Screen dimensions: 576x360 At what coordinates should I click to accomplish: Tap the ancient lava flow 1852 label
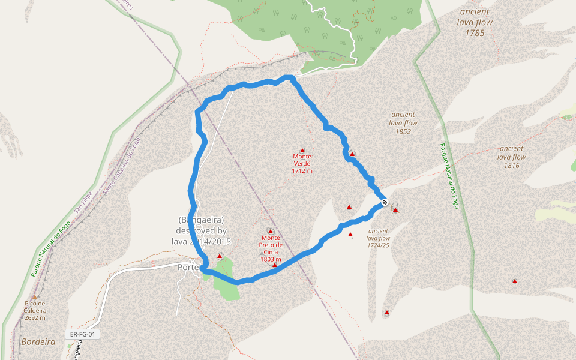click(403, 122)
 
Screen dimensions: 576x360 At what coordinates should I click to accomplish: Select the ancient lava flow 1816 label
click(511, 157)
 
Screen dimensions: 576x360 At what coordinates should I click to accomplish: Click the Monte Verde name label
click(302, 160)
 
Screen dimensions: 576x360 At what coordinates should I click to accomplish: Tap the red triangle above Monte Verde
click(302, 150)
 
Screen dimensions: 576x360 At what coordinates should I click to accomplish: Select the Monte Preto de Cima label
click(271, 245)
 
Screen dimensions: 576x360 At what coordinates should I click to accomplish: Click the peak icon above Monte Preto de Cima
click(270, 231)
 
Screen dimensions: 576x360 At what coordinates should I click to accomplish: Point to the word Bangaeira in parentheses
click(201, 220)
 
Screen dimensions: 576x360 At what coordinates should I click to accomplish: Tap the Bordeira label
click(38, 341)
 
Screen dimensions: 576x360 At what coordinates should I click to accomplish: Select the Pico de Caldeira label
click(35, 307)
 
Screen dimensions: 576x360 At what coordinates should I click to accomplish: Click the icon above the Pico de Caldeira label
click(35, 296)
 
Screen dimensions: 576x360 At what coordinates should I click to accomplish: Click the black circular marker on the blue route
click(384, 202)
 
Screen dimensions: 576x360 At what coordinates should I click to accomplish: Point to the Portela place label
click(188, 267)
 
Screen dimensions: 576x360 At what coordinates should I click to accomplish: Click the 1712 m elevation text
click(302, 170)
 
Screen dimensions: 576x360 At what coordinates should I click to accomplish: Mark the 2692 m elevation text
click(35, 317)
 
